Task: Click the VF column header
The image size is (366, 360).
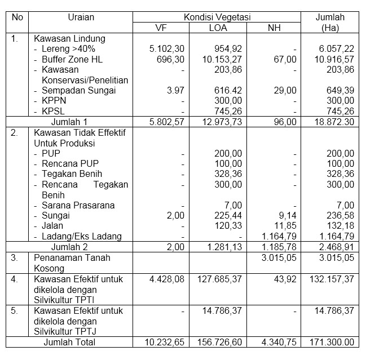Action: [161, 28]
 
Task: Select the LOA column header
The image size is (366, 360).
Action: [217, 28]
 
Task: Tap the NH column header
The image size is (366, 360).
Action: [273, 28]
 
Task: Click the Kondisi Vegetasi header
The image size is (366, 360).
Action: [217, 17]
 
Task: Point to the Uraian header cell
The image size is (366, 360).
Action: [80, 17]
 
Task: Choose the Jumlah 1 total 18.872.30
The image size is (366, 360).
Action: [335, 122]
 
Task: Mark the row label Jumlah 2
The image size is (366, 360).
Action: [69, 247]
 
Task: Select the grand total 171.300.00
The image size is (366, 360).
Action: [333, 342]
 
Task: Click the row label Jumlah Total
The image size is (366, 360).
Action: [70, 342]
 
